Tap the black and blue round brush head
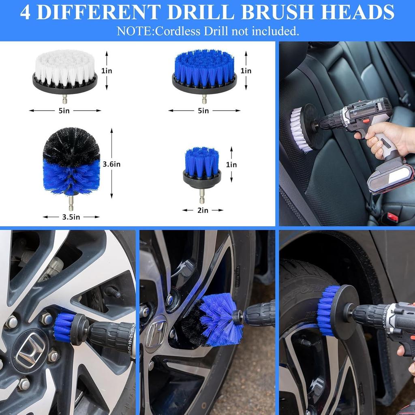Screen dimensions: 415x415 (x=71, y=162)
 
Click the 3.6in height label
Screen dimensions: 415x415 (x=111, y=164)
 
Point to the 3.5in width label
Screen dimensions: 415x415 (x=71, y=217)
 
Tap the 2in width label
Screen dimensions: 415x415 (x=203, y=210)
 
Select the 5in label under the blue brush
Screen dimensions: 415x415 (x=204, y=110)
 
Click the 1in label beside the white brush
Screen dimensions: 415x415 (x=107, y=71)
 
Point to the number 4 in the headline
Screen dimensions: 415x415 (x=25, y=12)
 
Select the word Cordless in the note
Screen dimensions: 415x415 (x=174, y=31)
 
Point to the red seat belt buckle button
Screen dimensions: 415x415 (x=393, y=217)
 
